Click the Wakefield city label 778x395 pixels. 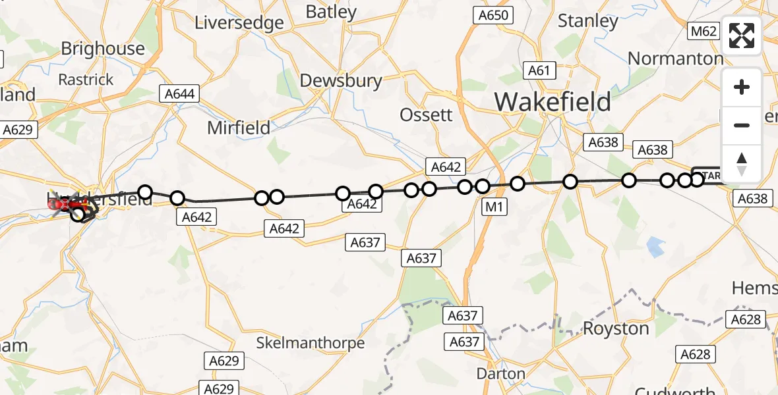[x=553, y=103]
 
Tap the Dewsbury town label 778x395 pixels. [x=340, y=81]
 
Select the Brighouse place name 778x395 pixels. [x=103, y=49]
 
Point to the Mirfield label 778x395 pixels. [x=239, y=128]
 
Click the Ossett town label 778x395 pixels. [x=427, y=115]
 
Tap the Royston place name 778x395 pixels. [x=616, y=328]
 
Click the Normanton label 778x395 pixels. [x=675, y=59]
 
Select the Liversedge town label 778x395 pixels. [x=239, y=22]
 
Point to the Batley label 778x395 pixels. [x=331, y=12]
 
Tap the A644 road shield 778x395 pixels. [x=179, y=94]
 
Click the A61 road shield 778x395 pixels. [x=539, y=70]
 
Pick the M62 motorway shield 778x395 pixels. [x=703, y=31]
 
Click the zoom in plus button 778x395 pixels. [x=742, y=88]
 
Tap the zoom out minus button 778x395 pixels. [x=742, y=126]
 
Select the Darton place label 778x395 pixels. [x=501, y=374]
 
